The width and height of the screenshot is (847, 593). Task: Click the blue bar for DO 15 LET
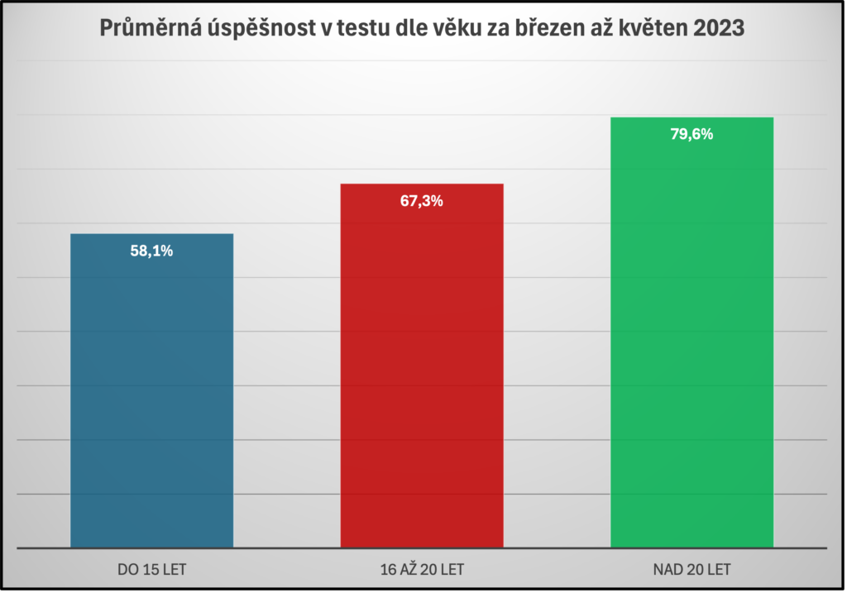coord(151,397)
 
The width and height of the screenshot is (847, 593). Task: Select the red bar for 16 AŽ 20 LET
coord(422,372)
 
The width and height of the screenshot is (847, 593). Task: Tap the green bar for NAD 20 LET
coord(691,339)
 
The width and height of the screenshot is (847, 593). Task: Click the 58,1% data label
coord(151,251)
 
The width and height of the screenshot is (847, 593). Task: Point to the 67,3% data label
coord(422,201)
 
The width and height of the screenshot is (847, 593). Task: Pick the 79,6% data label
coord(691,135)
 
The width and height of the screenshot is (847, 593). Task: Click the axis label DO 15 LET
coord(151,569)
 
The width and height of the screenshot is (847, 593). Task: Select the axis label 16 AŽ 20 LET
coord(422,569)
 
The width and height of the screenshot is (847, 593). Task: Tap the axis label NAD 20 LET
coord(691,569)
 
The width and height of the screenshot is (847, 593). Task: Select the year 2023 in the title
coord(719,28)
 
